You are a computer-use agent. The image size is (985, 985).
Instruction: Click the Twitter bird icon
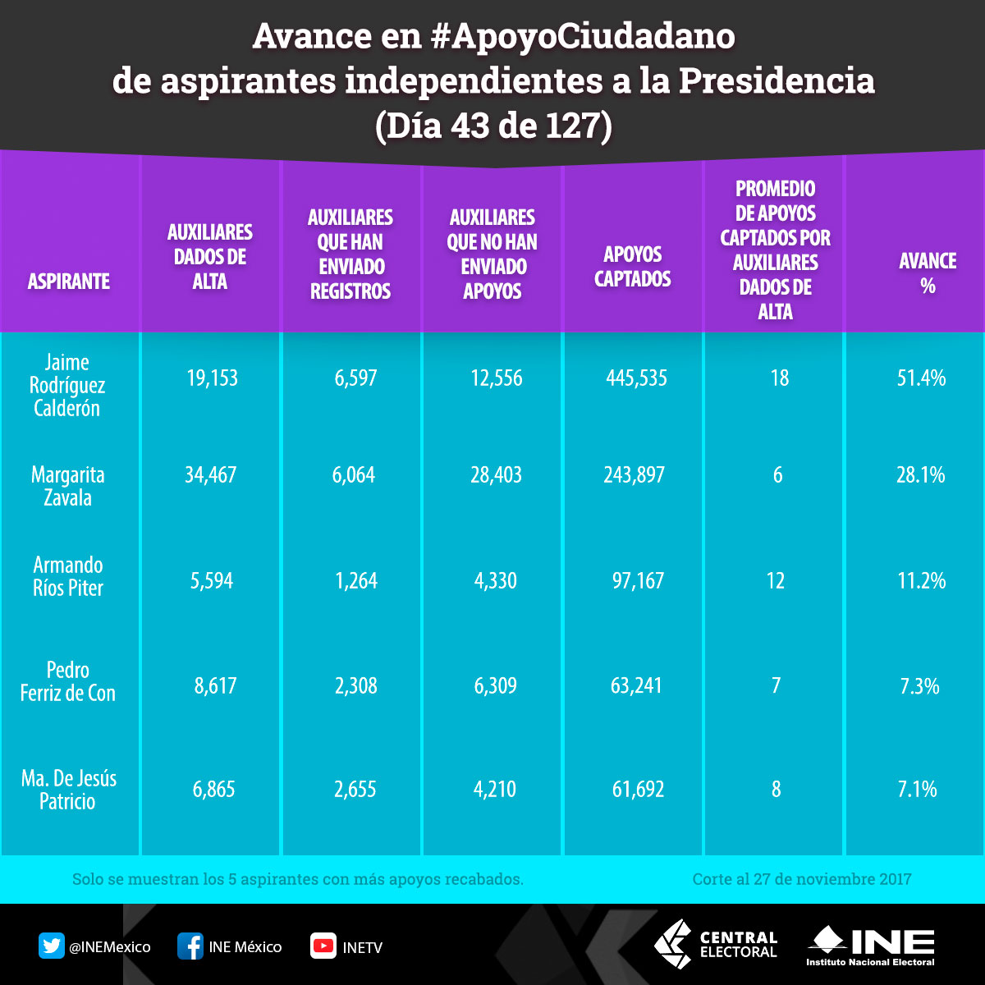click(52, 946)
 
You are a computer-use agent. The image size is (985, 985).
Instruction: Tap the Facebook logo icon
click(190, 946)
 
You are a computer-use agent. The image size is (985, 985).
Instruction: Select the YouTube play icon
click(323, 946)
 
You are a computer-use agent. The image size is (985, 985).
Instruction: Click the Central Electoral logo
click(715, 944)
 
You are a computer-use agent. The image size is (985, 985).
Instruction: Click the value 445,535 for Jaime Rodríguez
click(636, 378)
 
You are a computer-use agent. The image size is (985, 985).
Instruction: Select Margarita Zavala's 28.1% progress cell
click(920, 475)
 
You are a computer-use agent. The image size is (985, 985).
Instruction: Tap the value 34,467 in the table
click(210, 475)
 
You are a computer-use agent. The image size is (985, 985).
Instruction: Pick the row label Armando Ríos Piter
click(68, 575)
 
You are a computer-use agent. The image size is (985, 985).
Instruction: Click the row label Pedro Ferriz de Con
click(68, 681)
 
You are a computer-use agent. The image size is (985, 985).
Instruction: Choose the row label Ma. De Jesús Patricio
click(68, 789)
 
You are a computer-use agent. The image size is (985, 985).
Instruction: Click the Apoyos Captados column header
click(632, 267)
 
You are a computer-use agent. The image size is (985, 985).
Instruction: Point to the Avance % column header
click(928, 273)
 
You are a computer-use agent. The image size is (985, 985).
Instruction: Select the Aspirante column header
click(68, 282)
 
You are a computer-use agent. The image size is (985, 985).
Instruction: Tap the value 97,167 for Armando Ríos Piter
click(637, 581)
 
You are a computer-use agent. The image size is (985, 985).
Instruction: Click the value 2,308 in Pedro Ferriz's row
click(355, 685)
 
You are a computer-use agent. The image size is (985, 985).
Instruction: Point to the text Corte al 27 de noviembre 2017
click(801, 879)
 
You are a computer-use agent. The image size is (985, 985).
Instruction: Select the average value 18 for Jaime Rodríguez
click(779, 378)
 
